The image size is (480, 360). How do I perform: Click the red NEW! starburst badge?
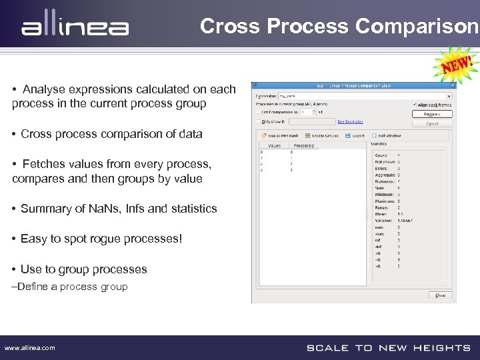pos(457,65)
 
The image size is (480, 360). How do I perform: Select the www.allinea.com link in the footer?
pos(30,348)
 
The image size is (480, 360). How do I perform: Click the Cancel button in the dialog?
pos(431,123)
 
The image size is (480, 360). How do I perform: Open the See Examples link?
pos(350,122)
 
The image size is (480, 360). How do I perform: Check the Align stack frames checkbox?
pos(415,105)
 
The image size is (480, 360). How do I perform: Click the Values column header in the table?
pos(274,145)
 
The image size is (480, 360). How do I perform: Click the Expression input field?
pos(340,95)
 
